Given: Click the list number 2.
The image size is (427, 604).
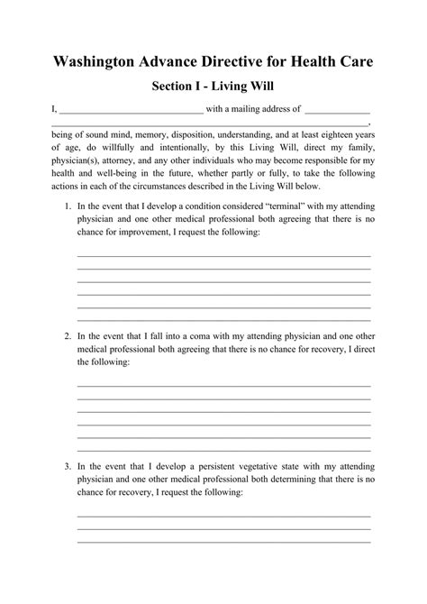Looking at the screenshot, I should (68, 336).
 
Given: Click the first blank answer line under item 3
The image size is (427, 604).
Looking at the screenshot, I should (223, 515).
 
